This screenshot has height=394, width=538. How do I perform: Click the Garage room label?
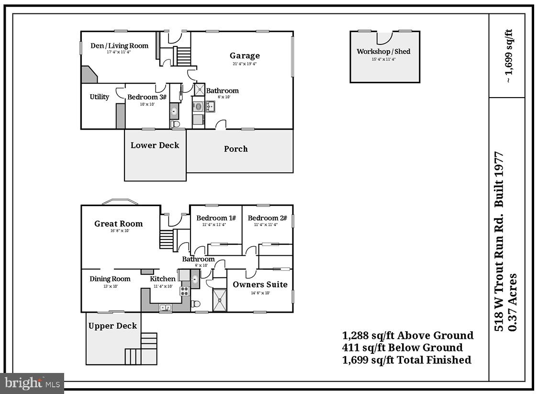[245, 56]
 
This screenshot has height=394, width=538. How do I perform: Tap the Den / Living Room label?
[119, 46]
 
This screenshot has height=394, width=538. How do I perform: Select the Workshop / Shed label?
[383, 52]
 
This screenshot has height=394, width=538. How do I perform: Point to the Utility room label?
[100, 97]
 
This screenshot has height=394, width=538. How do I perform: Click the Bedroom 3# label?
[147, 98]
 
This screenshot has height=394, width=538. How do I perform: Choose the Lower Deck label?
[155, 145]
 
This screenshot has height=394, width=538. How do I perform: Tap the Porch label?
[236, 149]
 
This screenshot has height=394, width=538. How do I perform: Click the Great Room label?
[118, 223]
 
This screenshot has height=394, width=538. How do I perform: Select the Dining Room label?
[110, 279]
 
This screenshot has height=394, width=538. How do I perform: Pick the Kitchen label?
[163, 279]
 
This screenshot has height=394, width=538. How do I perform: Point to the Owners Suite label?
[260, 285]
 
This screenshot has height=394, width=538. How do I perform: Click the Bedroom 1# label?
[216, 218]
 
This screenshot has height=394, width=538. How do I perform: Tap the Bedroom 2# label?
[267, 218]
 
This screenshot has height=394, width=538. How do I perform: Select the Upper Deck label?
[112, 326]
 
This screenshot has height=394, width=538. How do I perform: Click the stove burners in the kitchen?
[184, 291]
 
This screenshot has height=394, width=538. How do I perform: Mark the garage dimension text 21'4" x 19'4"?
[245, 64]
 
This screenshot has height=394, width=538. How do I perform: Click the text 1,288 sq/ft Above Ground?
[407, 335]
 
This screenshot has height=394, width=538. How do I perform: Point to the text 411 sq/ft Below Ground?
[402, 348]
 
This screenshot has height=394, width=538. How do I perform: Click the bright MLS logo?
[32, 383]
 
